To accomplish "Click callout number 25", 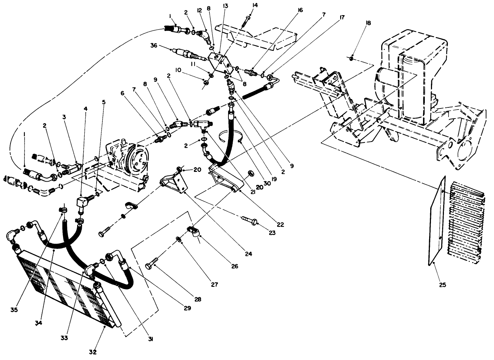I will point(442,285).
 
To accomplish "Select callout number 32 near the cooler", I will point(93,352).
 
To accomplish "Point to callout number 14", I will point(255,5).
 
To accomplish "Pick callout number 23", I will point(272,233).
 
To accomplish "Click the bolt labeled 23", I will point(250,221).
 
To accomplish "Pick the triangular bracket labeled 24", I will point(174,182).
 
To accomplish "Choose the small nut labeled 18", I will point(351,58).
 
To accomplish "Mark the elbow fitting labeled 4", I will point(82,203).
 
